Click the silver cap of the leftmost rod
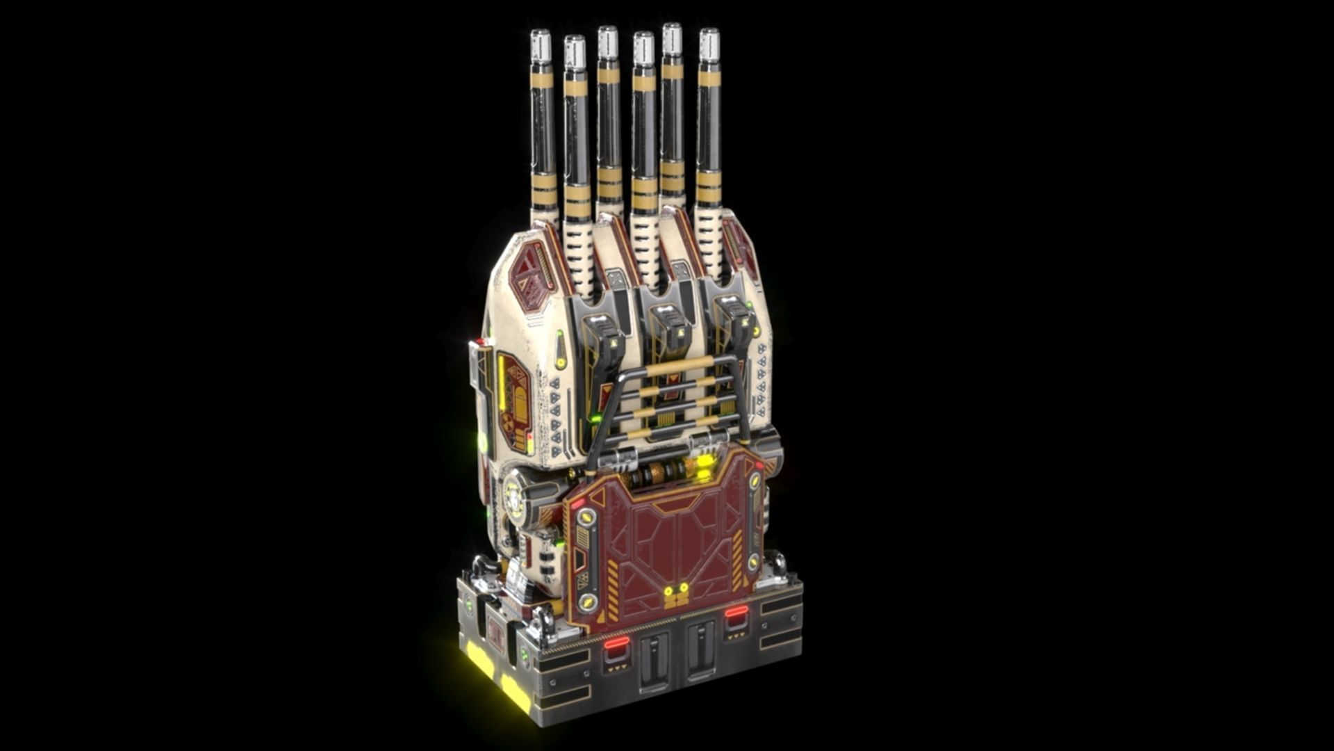pos(541,46)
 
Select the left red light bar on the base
pos(616,643)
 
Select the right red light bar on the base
pos(736,611)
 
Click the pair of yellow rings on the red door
pos(676,590)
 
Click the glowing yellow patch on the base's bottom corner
pos(479,659)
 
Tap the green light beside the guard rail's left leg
pos(595,418)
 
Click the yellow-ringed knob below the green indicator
pos(561,362)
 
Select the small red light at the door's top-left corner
pos(577,502)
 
